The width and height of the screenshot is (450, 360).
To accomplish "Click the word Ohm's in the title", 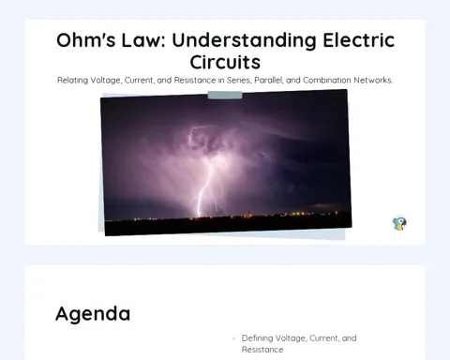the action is (86, 40).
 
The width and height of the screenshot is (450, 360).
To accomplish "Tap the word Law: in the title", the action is (143, 40).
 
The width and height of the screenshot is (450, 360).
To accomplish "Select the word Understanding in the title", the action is (244, 41).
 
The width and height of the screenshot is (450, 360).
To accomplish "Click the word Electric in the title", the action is (359, 40).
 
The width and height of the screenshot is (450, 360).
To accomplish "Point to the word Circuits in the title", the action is (225, 62).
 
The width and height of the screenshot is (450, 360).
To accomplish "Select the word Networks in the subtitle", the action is (373, 81).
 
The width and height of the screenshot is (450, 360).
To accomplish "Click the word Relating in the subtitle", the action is (72, 81).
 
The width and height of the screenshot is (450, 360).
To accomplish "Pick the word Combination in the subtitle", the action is (327, 81).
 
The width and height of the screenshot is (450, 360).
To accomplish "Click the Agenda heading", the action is (93, 314).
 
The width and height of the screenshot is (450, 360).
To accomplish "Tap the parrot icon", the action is (399, 223).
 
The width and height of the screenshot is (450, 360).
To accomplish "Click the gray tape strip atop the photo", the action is (225, 96).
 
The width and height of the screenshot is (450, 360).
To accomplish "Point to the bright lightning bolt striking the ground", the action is (203, 187).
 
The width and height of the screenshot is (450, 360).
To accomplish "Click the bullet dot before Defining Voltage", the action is (233, 338).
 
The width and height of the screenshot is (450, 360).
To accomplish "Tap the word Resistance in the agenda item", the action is (262, 350).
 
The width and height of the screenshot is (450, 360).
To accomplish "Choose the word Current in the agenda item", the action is (323, 338).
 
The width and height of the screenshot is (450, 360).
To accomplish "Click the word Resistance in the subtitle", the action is (195, 81).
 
